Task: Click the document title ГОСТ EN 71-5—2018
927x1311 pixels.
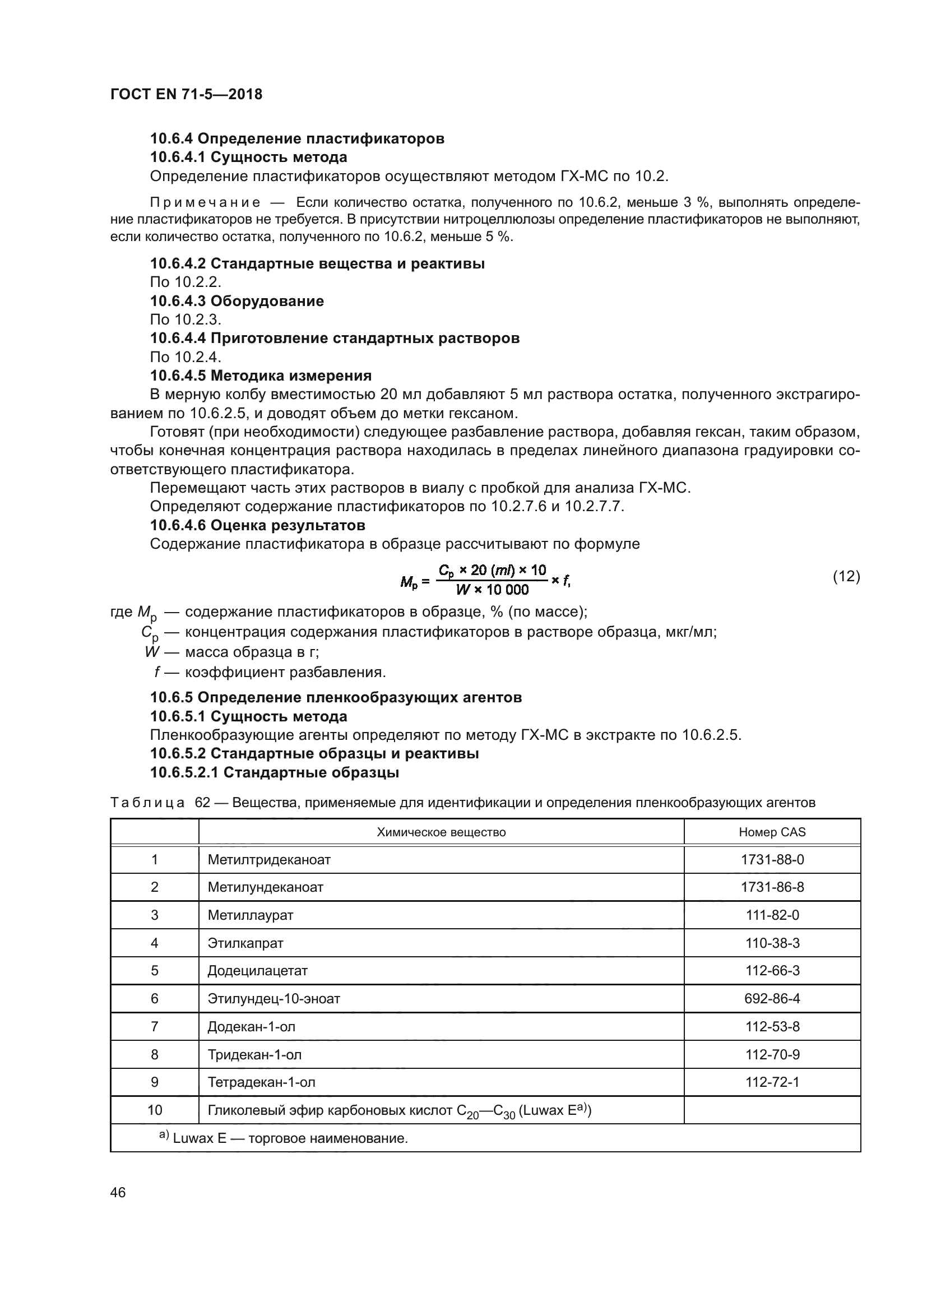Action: pyautogui.click(x=186, y=94)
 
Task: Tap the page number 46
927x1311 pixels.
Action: pyautogui.click(x=118, y=1192)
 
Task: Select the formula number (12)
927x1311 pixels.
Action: pyautogui.click(x=846, y=576)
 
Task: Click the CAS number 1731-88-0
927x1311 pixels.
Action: pyautogui.click(x=772, y=860)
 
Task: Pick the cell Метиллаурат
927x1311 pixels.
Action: pyautogui.click(x=250, y=915)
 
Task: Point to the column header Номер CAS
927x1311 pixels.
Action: pyautogui.click(x=772, y=832)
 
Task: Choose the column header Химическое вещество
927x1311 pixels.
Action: pyautogui.click(x=441, y=832)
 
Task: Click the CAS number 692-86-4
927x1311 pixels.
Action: pyautogui.click(x=772, y=999)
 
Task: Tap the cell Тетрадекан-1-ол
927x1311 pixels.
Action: pyautogui.click(x=261, y=1082)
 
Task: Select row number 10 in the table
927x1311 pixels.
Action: pyautogui.click(x=155, y=1110)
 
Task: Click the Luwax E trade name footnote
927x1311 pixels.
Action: pyautogui.click(x=284, y=1138)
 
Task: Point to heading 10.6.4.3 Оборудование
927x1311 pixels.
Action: pyautogui.click(x=237, y=301)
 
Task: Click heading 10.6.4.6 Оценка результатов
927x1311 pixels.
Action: pyautogui.click(x=257, y=525)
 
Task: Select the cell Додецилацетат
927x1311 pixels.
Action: pyautogui.click(x=257, y=971)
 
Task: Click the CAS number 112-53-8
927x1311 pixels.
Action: pyautogui.click(x=772, y=1027)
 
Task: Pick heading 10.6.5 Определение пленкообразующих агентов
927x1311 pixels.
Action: pyautogui.click(x=336, y=697)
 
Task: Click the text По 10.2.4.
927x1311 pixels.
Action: pyautogui.click(x=185, y=357)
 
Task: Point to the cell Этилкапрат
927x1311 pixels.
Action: pyautogui.click(x=245, y=943)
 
